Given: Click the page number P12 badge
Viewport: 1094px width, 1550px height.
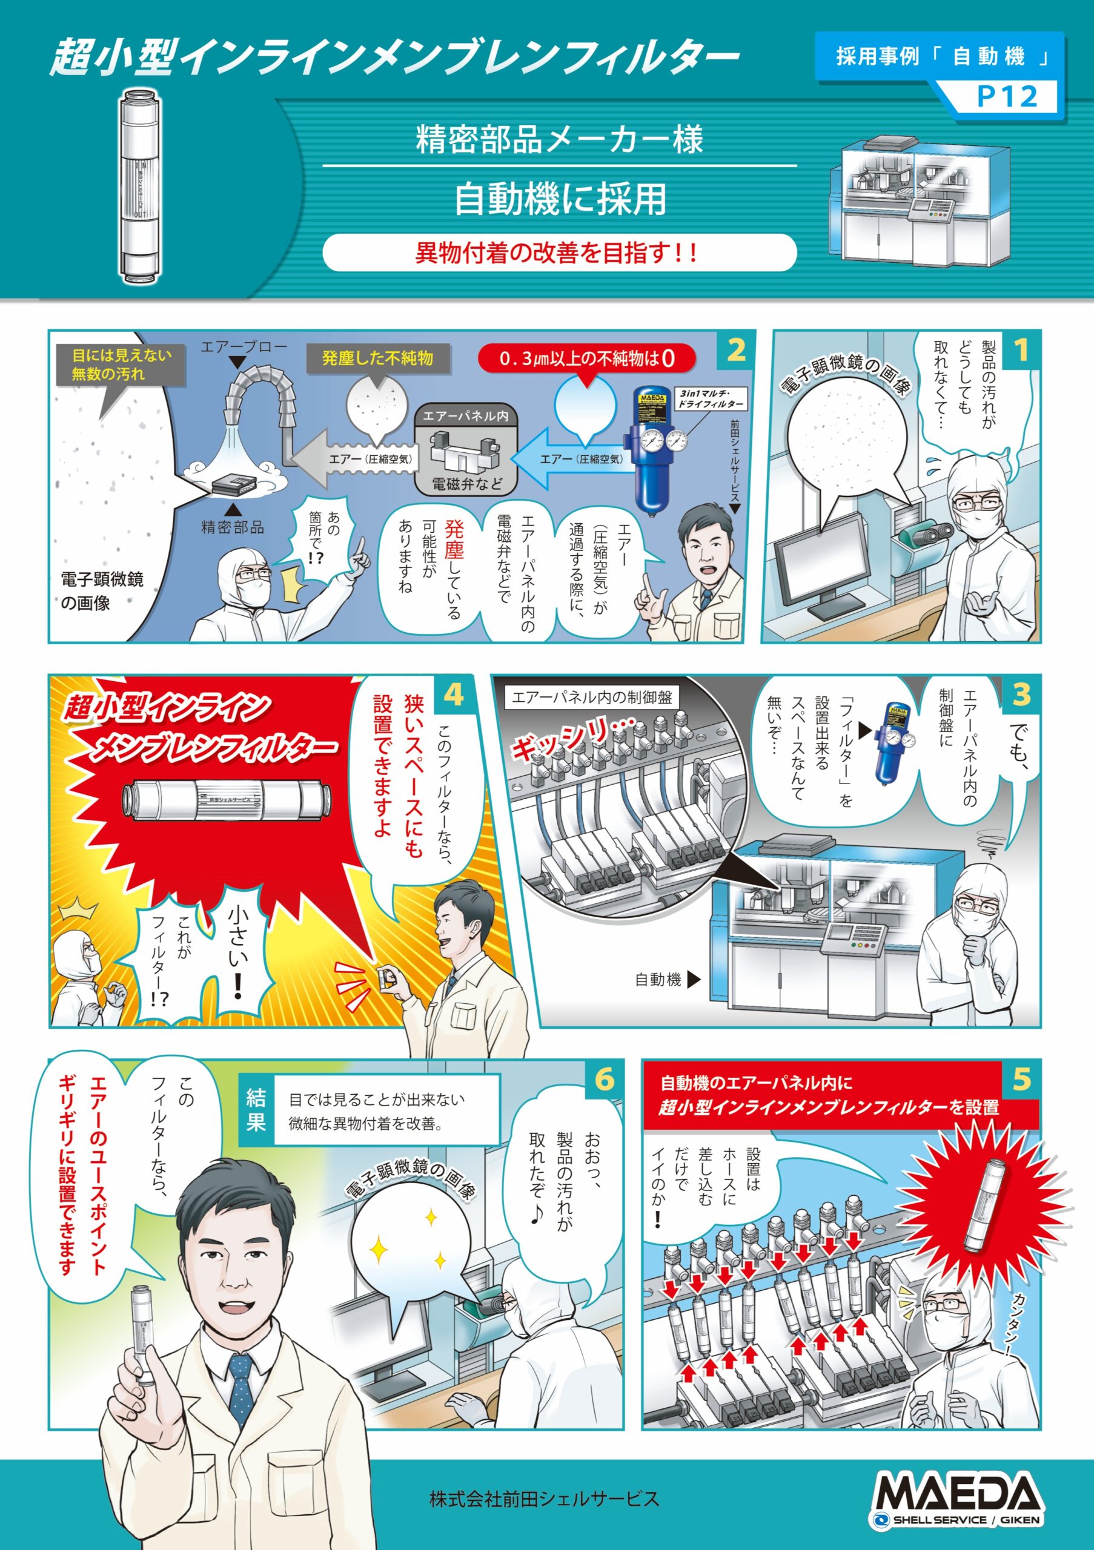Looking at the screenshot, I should (1006, 96).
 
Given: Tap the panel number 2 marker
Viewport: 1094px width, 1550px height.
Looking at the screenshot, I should (735, 350).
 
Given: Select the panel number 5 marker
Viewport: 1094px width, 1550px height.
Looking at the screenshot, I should (1021, 1080).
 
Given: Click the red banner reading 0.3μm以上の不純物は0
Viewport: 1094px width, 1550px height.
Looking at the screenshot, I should (586, 358).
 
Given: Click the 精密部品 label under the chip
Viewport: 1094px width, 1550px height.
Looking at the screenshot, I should (232, 527).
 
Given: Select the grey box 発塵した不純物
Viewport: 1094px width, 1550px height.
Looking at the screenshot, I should (377, 358).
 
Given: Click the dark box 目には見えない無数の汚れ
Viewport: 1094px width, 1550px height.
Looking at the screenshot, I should (122, 364).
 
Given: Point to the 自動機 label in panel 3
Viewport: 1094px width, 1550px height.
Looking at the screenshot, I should (658, 980).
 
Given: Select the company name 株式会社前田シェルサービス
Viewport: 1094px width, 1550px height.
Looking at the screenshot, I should (545, 1499).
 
